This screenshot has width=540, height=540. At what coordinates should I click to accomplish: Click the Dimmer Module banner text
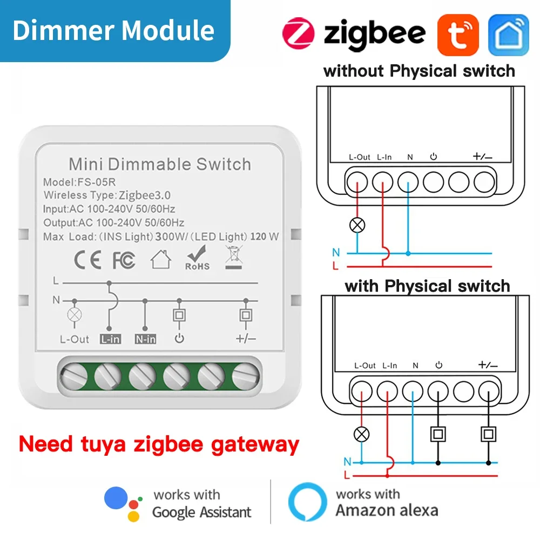113,30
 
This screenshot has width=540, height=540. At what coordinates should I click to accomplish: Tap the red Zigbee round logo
298,33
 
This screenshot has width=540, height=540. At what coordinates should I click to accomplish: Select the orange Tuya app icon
457,34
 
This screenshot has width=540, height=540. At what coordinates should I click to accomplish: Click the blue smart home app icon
508,34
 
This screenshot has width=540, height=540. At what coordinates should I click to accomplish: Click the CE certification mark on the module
87,260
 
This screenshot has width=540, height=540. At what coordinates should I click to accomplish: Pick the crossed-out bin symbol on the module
232,257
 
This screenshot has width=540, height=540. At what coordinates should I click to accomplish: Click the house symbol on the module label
160,260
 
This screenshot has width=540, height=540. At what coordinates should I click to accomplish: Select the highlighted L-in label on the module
110,339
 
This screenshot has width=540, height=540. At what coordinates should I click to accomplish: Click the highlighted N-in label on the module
145,339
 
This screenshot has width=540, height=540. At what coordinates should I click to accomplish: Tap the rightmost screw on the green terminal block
245,375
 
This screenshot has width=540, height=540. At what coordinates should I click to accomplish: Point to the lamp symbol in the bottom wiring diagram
361,433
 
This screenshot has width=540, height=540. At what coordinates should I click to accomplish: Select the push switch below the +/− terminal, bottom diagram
489,433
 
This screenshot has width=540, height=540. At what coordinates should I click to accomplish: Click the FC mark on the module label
124,260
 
